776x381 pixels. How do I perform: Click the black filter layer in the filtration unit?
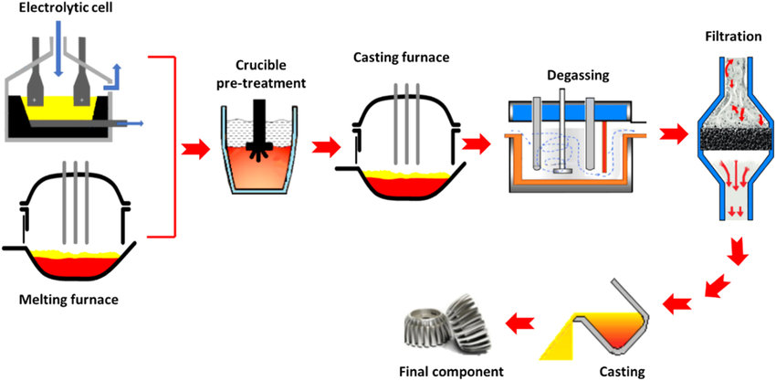pos(729,137)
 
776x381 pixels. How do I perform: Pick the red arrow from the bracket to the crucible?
pos(196,147)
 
